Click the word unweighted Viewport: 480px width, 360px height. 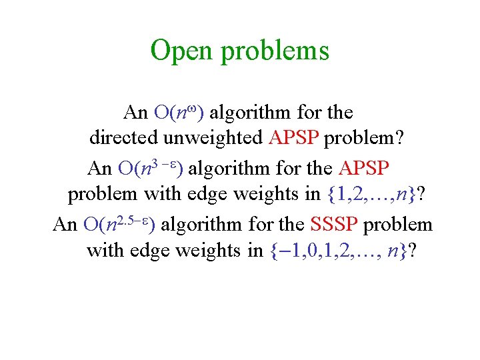tap(211, 138)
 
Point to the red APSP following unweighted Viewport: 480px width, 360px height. tap(295, 138)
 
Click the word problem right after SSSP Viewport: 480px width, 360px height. tap(399, 224)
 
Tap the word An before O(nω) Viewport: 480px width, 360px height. tap(136, 111)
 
